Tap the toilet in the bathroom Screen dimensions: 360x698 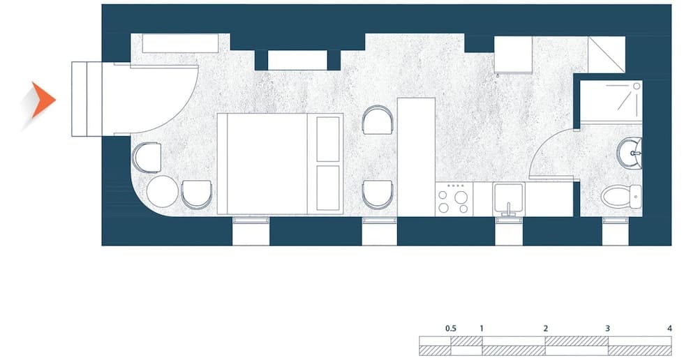pyautogui.click(x=620, y=196)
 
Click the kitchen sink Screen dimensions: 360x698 pyautogui.click(x=509, y=198)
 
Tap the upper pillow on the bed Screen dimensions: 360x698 pyautogui.click(x=327, y=138)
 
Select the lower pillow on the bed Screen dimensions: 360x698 pyautogui.click(x=327, y=188)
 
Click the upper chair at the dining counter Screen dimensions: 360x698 pyautogui.click(x=379, y=120)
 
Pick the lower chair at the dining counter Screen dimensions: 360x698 pyautogui.click(x=379, y=193)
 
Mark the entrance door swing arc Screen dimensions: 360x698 pyautogui.click(x=181, y=112)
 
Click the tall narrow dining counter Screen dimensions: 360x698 pyautogui.click(x=416, y=156)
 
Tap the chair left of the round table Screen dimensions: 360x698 pyautogui.click(x=146, y=157)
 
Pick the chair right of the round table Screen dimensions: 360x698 pyautogui.click(x=197, y=194)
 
